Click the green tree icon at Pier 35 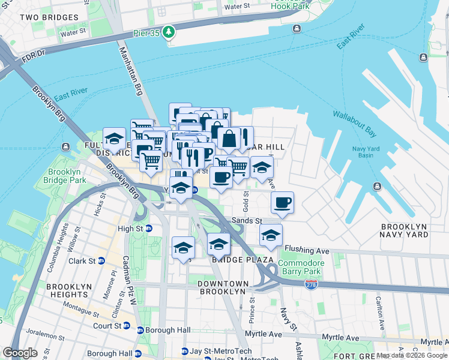(x=170, y=31)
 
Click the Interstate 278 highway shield (x=311, y=284)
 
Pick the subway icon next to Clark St (x=101, y=261)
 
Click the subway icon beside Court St (x=127, y=326)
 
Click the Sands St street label (x=247, y=221)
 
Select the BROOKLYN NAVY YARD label (x=403, y=231)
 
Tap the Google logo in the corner (x=20, y=353)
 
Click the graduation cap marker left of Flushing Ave (x=271, y=235)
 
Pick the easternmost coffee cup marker (x=282, y=203)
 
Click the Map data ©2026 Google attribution (x=412, y=355)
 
